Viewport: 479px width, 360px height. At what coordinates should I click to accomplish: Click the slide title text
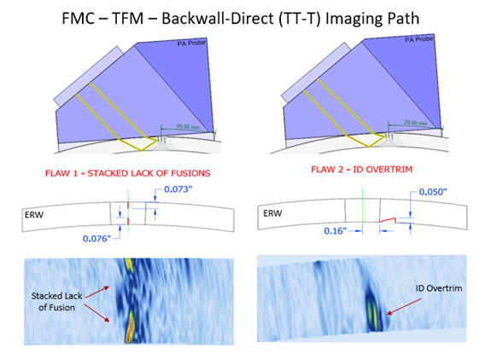pyautogui.click(x=241, y=18)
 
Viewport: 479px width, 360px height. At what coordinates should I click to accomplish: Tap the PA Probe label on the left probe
pyautogui.click(x=191, y=43)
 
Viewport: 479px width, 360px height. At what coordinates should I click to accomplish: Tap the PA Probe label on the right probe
pyautogui.click(x=419, y=39)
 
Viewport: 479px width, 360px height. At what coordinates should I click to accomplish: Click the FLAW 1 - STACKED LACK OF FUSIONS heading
pyautogui.click(x=128, y=173)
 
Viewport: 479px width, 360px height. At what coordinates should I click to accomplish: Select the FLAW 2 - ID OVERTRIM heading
pyautogui.click(x=362, y=169)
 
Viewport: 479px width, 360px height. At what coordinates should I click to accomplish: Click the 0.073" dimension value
pyautogui.click(x=178, y=189)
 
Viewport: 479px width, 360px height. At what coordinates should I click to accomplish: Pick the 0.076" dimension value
pyautogui.click(x=96, y=239)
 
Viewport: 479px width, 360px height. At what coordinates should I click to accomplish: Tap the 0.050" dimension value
pyautogui.click(x=433, y=192)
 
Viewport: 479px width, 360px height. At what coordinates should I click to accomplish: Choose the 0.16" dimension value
pyautogui.click(x=336, y=231)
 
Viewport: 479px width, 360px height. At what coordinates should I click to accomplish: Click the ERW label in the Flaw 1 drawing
pyautogui.click(x=34, y=215)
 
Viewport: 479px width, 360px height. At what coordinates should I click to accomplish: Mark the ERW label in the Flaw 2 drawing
pyautogui.click(x=272, y=213)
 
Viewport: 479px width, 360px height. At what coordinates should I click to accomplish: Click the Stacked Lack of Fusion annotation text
pyautogui.click(x=57, y=301)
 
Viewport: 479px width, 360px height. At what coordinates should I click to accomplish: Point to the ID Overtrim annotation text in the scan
pyautogui.click(x=439, y=288)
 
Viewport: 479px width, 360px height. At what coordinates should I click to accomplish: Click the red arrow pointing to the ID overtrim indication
pyautogui.click(x=404, y=306)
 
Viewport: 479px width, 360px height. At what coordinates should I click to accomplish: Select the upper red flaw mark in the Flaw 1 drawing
pyautogui.click(x=128, y=205)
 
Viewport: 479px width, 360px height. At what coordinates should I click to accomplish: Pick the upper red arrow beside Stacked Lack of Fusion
pyautogui.click(x=97, y=292)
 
